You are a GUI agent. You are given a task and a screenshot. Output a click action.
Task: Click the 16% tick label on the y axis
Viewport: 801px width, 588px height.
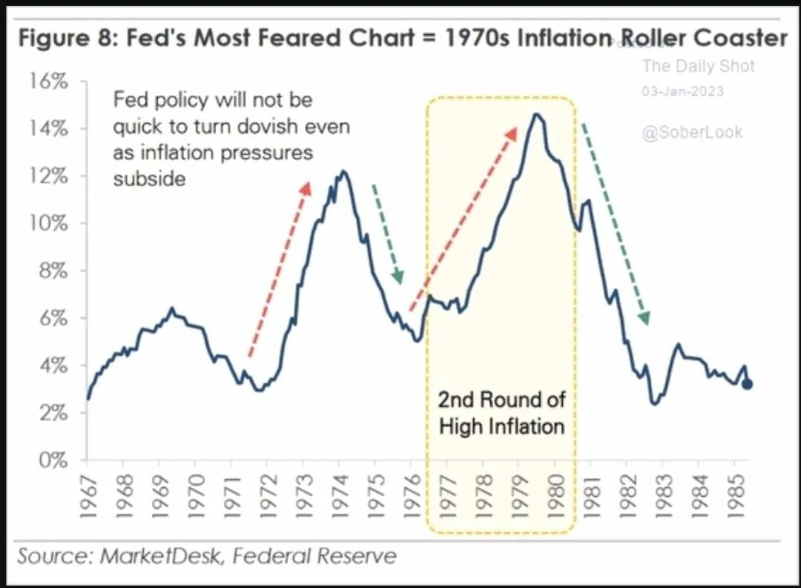pos(49,82)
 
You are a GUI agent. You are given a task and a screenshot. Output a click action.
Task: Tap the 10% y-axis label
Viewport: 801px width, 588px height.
pos(49,224)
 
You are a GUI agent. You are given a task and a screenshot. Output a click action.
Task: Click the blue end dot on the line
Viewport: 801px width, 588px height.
pos(748,384)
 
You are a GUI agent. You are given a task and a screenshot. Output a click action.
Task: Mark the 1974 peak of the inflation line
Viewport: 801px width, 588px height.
pos(342,171)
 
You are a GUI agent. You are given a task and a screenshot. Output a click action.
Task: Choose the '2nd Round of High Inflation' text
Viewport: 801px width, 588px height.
pos(501,413)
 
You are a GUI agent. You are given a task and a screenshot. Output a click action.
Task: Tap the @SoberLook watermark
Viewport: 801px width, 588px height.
pos(691,133)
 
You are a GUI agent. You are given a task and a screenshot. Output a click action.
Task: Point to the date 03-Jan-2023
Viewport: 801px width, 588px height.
pos(682,91)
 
